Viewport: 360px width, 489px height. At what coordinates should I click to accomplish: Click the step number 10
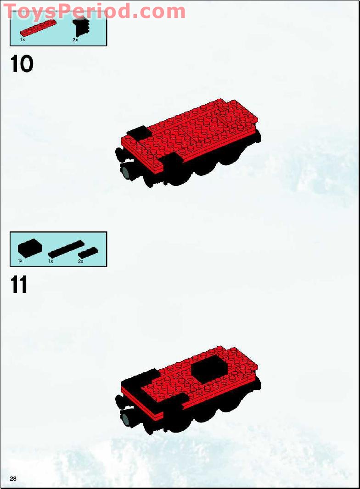[22, 64]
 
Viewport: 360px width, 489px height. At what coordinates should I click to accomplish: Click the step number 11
[19, 285]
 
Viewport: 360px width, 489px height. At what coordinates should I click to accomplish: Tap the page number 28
[13, 479]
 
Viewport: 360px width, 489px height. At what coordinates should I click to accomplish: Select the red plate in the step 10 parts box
[38, 28]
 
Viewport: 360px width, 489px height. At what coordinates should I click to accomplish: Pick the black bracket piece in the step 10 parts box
[80, 28]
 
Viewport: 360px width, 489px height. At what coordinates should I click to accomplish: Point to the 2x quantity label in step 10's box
[75, 40]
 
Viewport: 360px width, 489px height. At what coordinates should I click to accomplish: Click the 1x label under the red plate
[22, 40]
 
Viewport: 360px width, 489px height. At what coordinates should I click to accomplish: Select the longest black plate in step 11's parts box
[66, 249]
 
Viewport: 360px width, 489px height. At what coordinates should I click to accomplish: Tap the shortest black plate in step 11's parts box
[88, 252]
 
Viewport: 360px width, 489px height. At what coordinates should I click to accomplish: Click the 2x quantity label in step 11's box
[80, 261]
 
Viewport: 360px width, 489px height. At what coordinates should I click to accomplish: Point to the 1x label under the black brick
[20, 260]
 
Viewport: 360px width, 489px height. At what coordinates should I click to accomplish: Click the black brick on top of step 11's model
[209, 370]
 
